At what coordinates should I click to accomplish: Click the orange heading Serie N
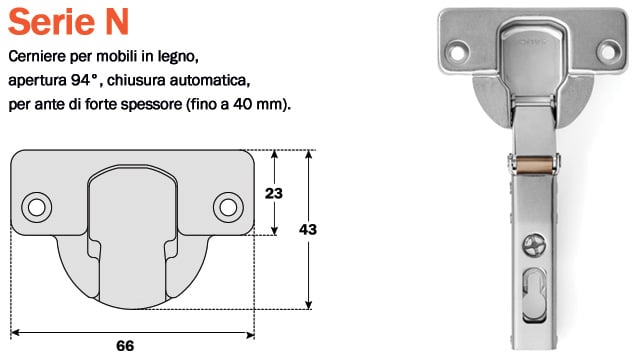tap(69, 22)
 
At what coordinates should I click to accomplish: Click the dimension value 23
tap(273, 193)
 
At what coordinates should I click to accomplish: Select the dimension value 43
tap(308, 229)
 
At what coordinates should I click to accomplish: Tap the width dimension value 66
tap(125, 346)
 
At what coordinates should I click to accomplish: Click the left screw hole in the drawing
tap(37, 207)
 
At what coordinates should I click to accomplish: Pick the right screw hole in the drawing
tap(228, 207)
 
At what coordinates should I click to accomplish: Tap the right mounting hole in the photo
tap(608, 51)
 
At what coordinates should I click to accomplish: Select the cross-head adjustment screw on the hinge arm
tap(534, 246)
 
